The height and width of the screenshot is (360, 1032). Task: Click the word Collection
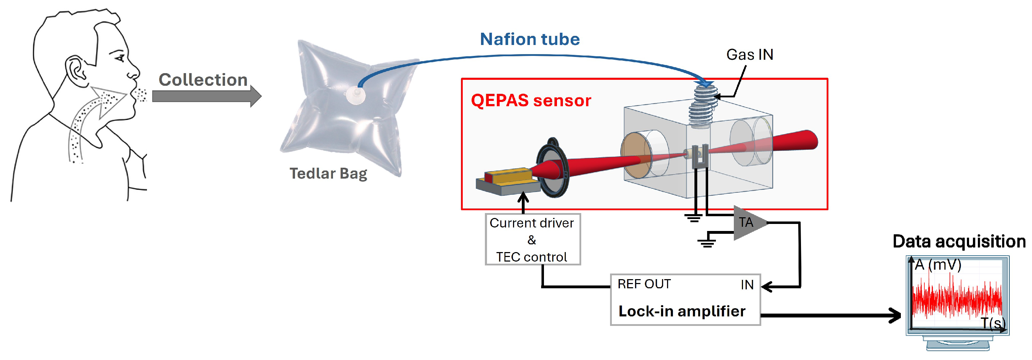(203, 80)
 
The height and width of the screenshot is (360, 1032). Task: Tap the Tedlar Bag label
(328, 173)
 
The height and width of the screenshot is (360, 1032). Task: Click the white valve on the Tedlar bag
(355, 96)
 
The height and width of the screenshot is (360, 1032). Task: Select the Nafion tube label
(530, 39)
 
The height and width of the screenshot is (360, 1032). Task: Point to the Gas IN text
(750, 54)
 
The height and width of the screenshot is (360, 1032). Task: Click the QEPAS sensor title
(531, 101)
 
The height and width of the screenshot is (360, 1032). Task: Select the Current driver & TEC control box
(532, 239)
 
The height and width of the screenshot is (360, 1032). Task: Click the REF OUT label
(644, 284)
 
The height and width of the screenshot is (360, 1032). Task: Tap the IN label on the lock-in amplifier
(747, 285)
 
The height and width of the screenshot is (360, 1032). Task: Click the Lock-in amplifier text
(681, 311)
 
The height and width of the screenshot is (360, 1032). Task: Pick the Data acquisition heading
(959, 242)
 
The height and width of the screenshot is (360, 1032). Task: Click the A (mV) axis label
(938, 265)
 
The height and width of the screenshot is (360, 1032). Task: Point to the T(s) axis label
(993, 323)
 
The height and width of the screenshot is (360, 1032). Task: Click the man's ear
(76, 70)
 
